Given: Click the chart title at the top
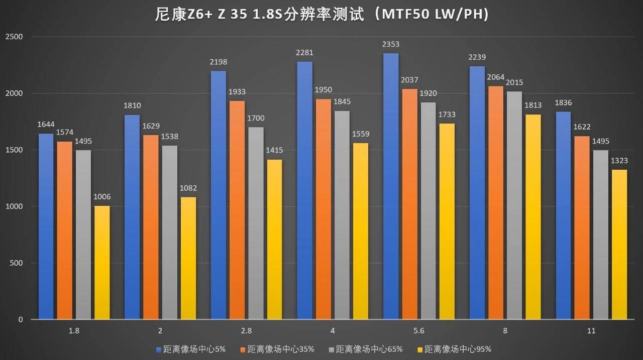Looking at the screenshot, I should coord(321,15).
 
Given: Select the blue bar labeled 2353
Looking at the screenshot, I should coord(390,186).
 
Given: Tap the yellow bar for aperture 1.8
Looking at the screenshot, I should coord(102,262).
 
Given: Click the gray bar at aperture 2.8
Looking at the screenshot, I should coord(256,223).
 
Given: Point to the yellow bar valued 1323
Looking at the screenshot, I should coord(619,244).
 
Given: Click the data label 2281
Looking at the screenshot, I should coord(304,53).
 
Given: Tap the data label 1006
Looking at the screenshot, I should coord(102,197).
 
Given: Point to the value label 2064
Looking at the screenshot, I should coord(495,77).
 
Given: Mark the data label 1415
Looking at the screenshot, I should coord(274,150).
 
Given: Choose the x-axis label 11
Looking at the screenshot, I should coord(591,331).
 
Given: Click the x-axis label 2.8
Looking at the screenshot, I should coord(246,331).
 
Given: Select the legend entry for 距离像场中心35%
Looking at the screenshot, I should coord(277,349).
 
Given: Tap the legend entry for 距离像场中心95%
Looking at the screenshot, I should coord(454,349).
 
